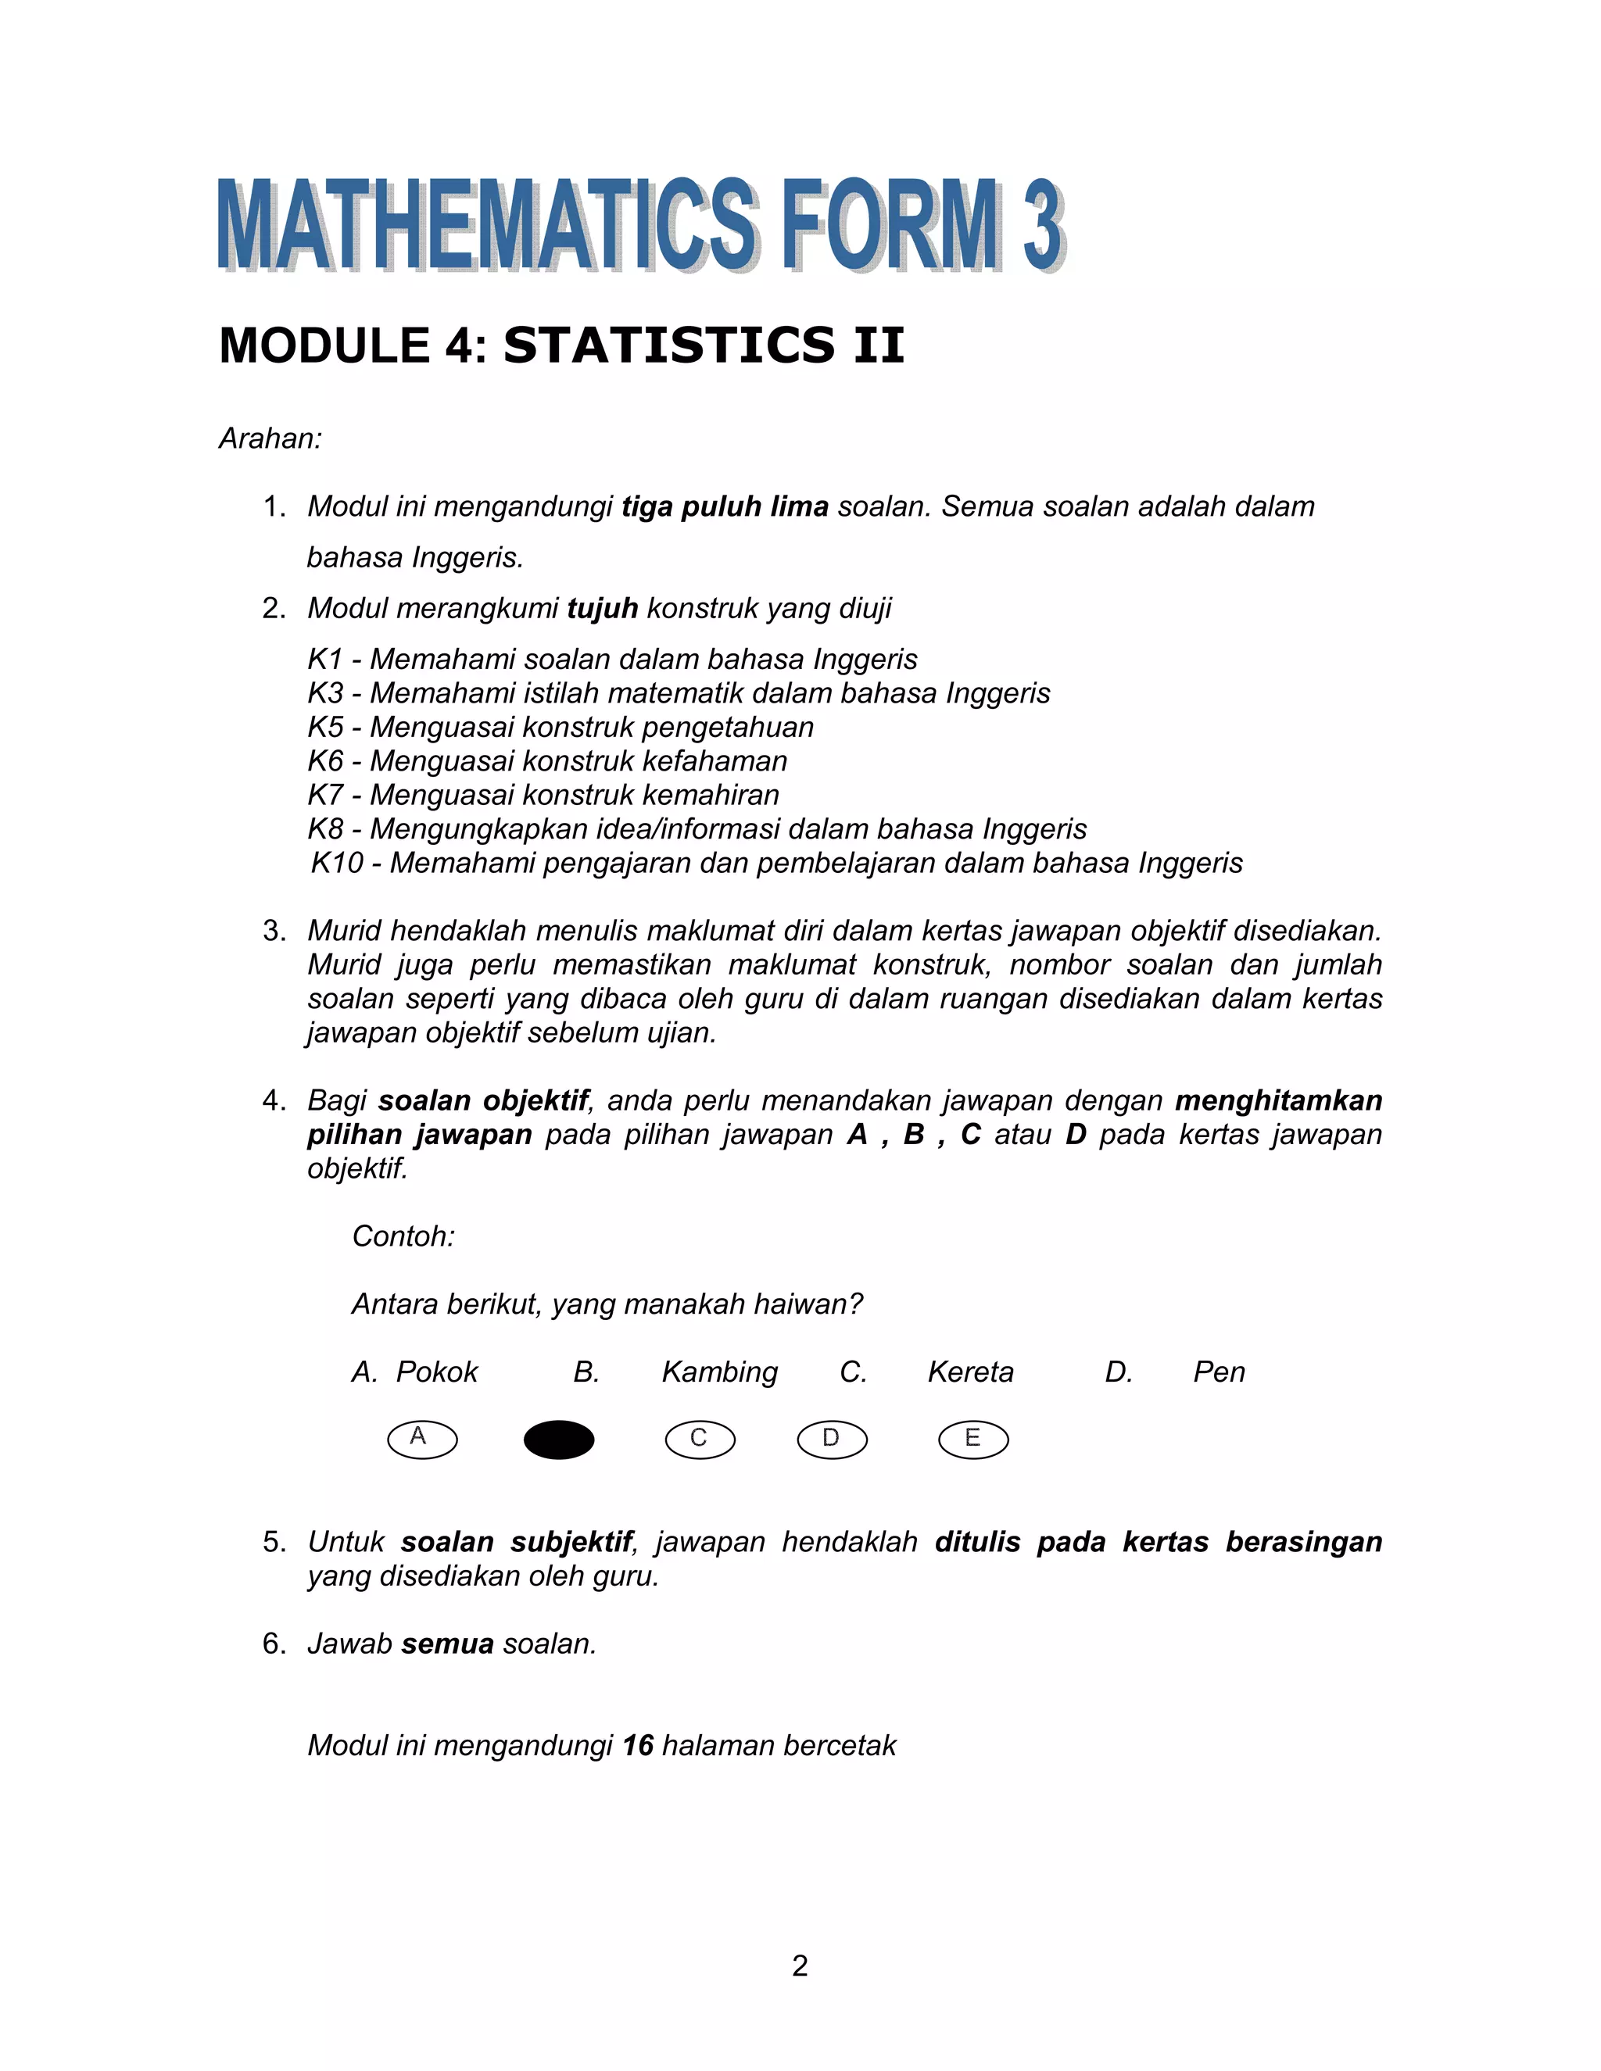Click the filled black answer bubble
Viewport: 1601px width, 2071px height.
[x=559, y=1440]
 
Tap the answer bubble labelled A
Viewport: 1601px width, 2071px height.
[x=422, y=1440]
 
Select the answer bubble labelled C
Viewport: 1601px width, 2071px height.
[x=700, y=1440]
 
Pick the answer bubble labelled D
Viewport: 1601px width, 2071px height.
[x=832, y=1440]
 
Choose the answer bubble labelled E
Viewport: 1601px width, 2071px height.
[x=973, y=1440]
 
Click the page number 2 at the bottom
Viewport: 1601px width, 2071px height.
[x=800, y=1965]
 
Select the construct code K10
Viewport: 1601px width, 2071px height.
[x=337, y=863]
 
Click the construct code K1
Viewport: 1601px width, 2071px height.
[x=324, y=659]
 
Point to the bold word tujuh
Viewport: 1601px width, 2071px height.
[x=602, y=608]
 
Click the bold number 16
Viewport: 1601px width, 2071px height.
[x=639, y=1745]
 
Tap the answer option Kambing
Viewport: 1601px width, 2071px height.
[x=719, y=1372]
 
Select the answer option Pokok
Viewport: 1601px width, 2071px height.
[x=436, y=1372]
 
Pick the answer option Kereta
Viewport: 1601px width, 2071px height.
[x=970, y=1372]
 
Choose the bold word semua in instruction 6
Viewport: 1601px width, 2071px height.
[x=446, y=1644]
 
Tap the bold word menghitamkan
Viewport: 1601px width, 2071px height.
[x=1277, y=1100]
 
